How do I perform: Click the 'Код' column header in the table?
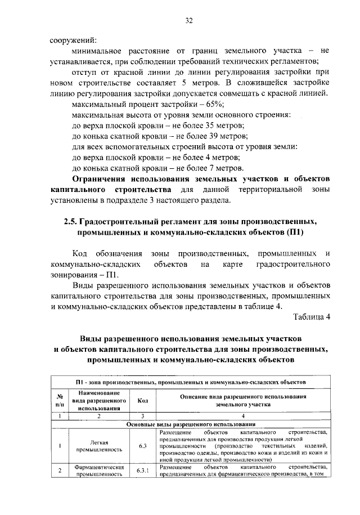click(142, 400)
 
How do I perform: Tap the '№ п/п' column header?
click(60, 400)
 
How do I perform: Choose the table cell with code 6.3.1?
click(142, 471)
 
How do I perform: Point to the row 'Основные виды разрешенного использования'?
click(191, 424)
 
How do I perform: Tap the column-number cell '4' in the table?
click(242, 416)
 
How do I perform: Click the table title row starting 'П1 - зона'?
click(191, 382)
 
